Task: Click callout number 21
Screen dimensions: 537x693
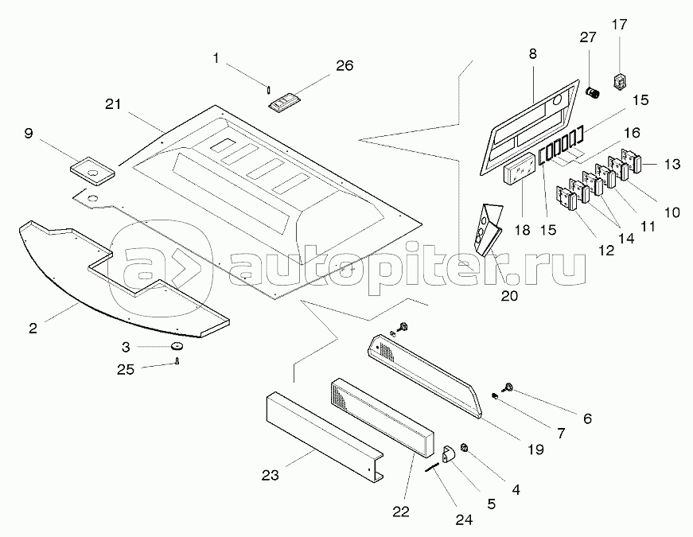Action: tap(114, 105)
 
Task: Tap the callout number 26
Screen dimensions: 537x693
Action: tap(344, 66)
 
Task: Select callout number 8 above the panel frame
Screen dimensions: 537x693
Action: tap(532, 54)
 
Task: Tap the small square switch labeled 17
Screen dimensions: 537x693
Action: tap(621, 80)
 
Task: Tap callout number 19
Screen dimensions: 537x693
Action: tap(535, 449)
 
